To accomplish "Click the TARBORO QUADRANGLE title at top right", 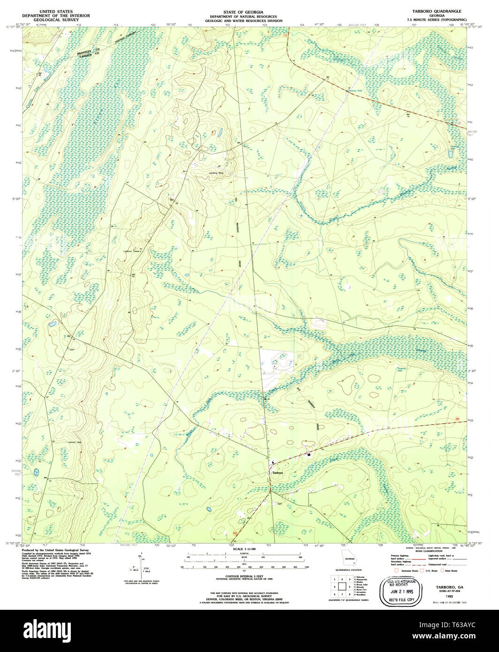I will click(x=435, y=10).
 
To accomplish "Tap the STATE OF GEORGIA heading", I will click(x=243, y=10).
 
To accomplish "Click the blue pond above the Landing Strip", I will click(x=219, y=134).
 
